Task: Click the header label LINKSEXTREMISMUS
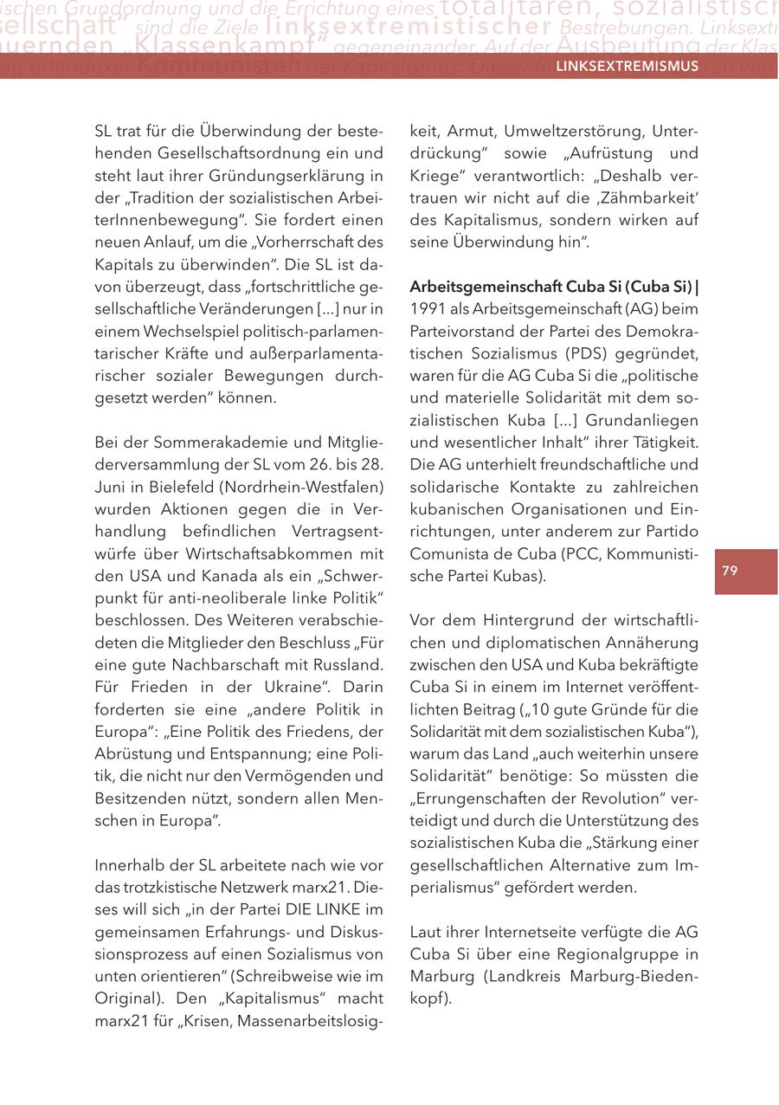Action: (x=627, y=67)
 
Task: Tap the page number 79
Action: (x=730, y=571)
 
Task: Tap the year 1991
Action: (x=428, y=309)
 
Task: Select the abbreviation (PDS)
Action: (x=569, y=353)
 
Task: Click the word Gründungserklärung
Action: (x=265, y=176)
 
